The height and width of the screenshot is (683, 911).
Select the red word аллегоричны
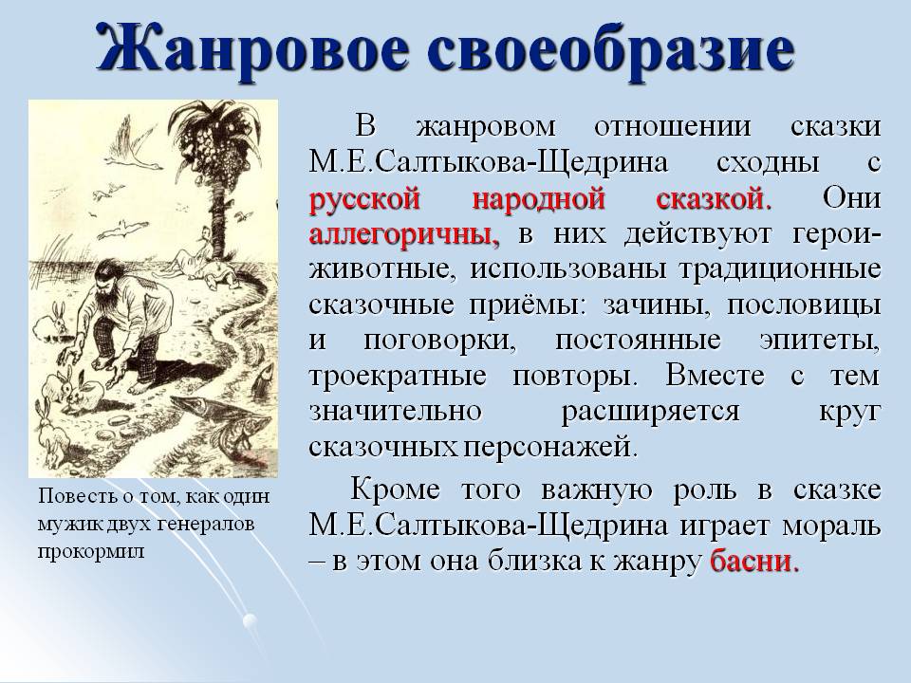coord(404,234)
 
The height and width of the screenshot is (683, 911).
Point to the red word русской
coord(364,198)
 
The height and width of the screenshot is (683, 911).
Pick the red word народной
coord(538,198)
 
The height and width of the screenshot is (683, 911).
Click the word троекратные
coord(398,376)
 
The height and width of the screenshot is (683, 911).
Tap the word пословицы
coord(804,305)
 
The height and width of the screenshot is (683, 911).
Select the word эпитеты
coord(820,341)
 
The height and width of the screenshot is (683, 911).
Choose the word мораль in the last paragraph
coord(831,526)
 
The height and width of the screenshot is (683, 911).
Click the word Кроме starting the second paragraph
coord(395,489)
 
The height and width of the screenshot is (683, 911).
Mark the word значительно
coord(396,411)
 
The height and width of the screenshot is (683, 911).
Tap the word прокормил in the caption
coord(90,550)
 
